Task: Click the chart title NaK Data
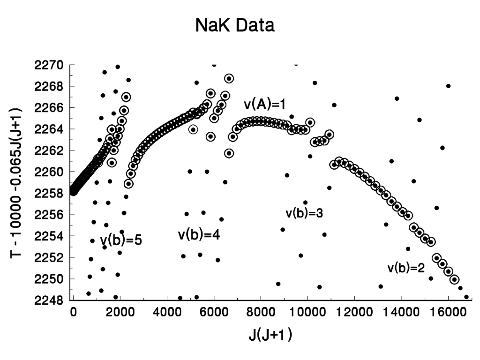pos(235,26)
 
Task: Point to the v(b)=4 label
pos(199,234)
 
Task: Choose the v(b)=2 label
pos(406,269)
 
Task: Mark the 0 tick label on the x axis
pos(73,312)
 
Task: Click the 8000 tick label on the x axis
pos(261,312)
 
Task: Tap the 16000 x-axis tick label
pos(448,312)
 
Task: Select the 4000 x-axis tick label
pos(167,312)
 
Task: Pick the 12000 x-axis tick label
pos(354,312)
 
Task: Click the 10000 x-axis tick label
pos(307,312)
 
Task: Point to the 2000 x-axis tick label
pos(120,312)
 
